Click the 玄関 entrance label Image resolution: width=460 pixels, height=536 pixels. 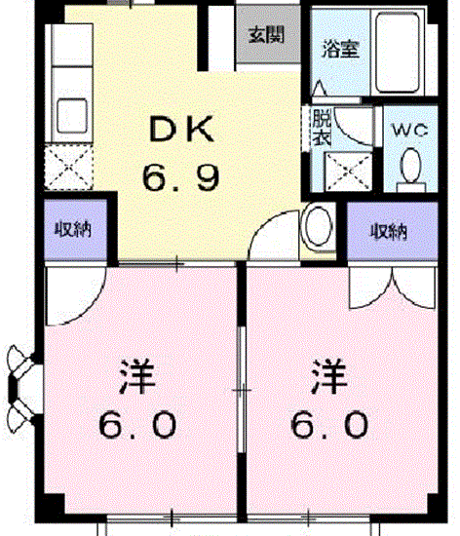[x=266, y=34]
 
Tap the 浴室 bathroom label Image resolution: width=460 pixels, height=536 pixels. [x=340, y=49]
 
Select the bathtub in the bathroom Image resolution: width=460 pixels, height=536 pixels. [x=398, y=53]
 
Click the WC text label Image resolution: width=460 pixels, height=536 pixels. [x=409, y=130]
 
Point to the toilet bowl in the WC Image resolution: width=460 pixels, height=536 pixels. [x=410, y=166]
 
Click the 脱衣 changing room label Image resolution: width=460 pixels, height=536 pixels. [x=322, y=127]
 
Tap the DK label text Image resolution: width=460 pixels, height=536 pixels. [x=182, y=129]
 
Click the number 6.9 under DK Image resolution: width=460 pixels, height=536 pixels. [x=180, y=177]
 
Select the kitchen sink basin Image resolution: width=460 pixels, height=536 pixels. [x=72, y=115]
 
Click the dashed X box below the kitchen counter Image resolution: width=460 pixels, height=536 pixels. [x=69, y=167]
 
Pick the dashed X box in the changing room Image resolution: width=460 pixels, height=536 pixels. [x=348, y=172]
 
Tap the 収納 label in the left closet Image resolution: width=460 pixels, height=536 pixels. [x=73, y=229]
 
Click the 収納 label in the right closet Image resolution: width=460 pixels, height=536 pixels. [x=389, y=231]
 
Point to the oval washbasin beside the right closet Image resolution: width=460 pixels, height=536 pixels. [x=319, y=226]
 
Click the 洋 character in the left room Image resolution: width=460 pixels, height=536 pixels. [x=137, y=375]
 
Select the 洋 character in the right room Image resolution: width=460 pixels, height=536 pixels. [x=329, y=375]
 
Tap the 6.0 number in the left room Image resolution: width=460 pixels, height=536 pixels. [x=137, y=425]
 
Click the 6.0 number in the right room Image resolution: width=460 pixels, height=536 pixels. [x=329, y=425]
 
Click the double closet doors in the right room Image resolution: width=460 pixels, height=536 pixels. [x=393, y=287]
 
